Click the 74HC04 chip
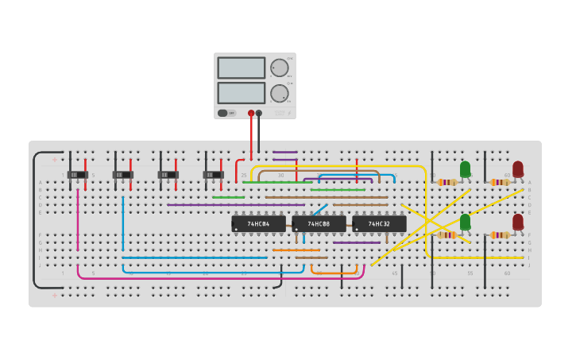click(x=258, y=224)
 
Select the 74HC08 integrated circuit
click(x=319, y=224)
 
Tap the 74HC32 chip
click(x=379, y=224)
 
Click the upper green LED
click(x=465, y=169)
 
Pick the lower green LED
click(x=465, y=222)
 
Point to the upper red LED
click(x=518, y=169)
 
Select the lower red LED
click(x=518, y=222)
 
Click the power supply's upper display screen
click(x=242, y=68)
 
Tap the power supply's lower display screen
click(x=242, y=93)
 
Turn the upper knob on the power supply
click(x=279, y=68)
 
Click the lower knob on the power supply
click(x=279, y=93)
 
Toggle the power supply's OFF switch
click(x=226, y=113)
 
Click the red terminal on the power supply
click(x=251, y=114)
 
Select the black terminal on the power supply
click(x=259, y=114)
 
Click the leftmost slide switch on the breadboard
click(x=77, y=175)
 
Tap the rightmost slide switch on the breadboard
click(x=213, y=175)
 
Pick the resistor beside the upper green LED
click(x=447, y=182)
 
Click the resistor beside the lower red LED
click(x=500, y=234)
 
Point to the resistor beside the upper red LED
click(x=500, y=182)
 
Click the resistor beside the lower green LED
click(x=447, y=234)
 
